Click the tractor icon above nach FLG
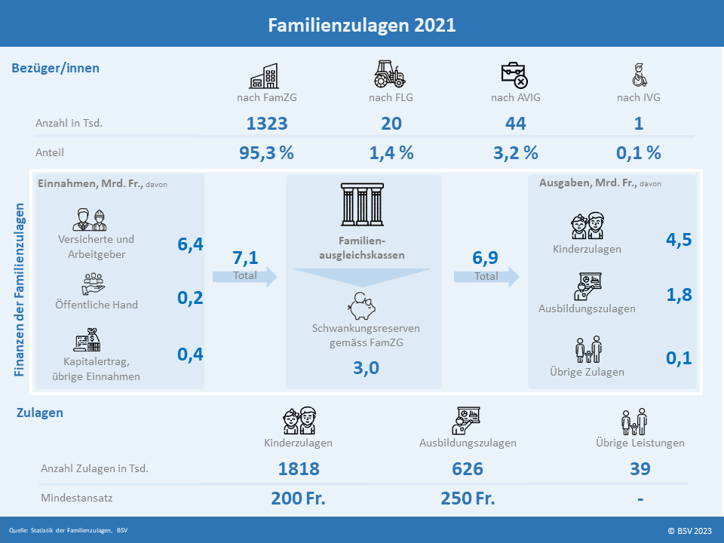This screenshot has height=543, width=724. [x=390, y=74]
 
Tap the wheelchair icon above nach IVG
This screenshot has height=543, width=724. [x=639, y=75]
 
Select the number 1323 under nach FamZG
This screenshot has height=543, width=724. [x=267, y=123]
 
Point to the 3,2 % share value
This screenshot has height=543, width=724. [x=516, y=153]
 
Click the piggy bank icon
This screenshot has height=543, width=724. [x=361, y=306]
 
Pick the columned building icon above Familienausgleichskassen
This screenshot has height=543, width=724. [x=363, y=204]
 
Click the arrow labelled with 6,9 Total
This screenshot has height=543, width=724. [x=486, y=277]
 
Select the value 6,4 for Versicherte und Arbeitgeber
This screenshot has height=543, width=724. [x=190, y=244]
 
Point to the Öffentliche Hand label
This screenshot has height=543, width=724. [x=97, y=305]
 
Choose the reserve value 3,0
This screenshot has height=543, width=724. [x=367, y=368]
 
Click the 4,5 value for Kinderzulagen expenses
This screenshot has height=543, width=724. [x=679, y=239]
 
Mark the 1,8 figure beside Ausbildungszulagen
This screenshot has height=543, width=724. [x=679, y=295]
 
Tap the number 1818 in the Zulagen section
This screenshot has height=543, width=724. [x=299, y=468]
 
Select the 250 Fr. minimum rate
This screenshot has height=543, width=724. [x=468, y=499]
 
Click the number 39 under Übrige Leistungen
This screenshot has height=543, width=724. [x=640, y=468]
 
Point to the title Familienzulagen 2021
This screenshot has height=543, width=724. [x=362, y=25]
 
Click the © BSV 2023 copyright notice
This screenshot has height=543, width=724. [x=690, y=531]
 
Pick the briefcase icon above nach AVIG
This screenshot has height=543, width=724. [x=514, y=75]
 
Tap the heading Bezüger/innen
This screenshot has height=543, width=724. [x=55, y=68]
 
